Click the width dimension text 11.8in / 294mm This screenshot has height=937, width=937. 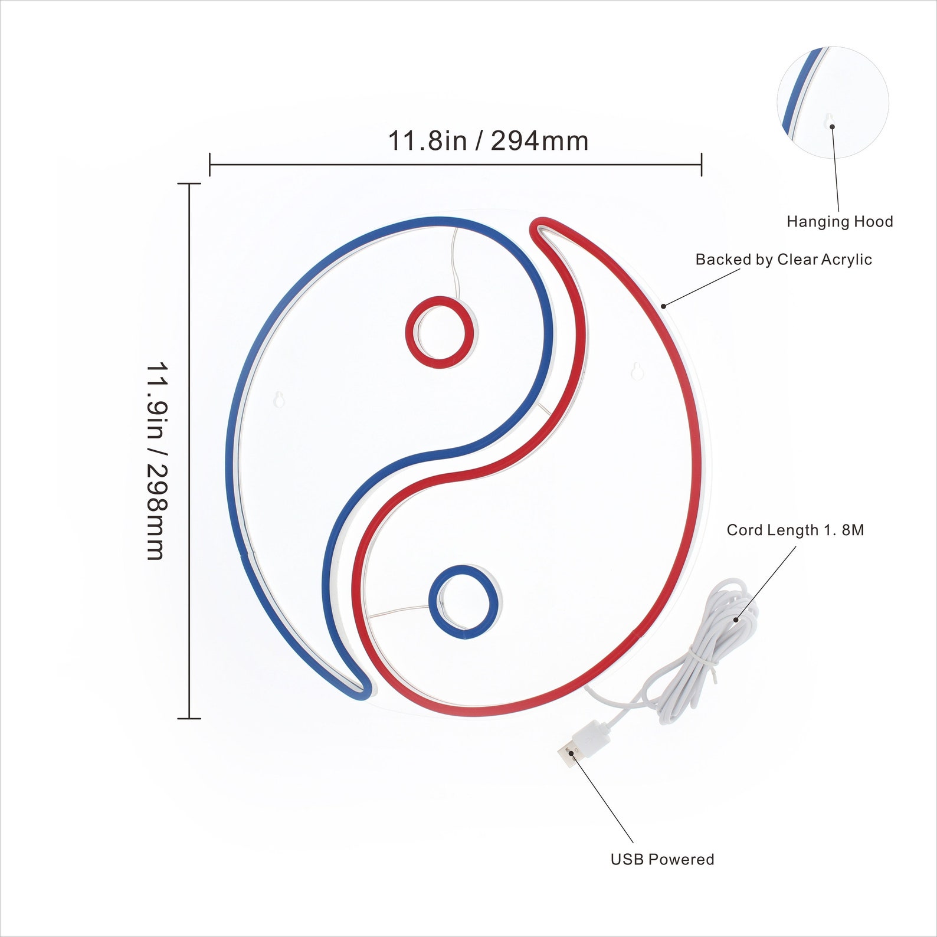coord(488,141)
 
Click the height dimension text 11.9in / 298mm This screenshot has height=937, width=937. coord(158,461)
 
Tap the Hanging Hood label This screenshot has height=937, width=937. coord(840,222)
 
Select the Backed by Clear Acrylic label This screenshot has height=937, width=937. coord(784,260)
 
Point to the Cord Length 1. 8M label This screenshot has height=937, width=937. coord(795,530)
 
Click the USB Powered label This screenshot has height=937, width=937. coord(662,859)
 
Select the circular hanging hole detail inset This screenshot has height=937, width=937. coord(833,103)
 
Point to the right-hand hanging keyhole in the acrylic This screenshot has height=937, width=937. coord(637,371)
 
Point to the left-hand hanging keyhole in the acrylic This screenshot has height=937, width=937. coord(280,399)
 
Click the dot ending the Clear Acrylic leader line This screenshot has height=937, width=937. coord(663,306)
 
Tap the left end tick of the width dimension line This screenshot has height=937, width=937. coord(210,164)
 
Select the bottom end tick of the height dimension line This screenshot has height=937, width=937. coord(189,718)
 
